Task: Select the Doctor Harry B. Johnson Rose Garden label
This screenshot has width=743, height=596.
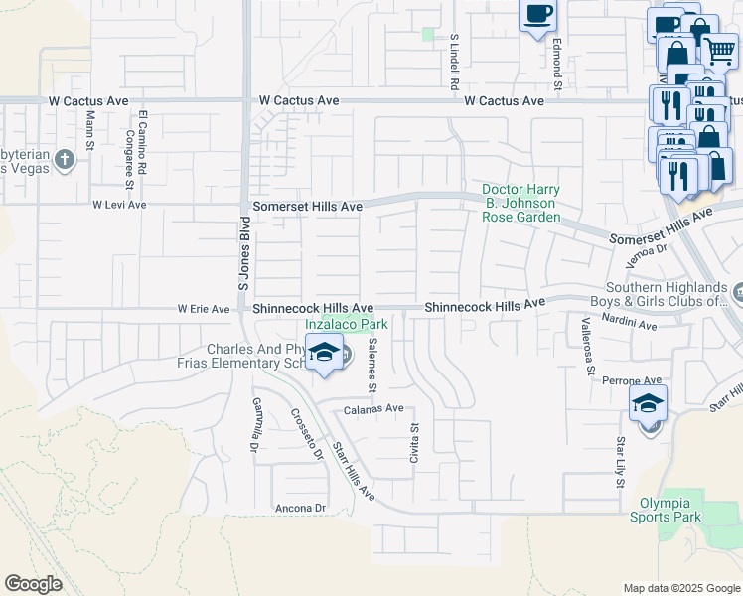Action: [520, 203]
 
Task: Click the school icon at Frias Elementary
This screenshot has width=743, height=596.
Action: [324, 354]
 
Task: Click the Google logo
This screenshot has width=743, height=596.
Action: [34, 584]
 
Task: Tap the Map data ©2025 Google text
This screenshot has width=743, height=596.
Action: [680, 588]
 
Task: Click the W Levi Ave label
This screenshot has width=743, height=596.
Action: [119, 205]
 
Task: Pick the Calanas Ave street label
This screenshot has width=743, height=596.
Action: [373, 408]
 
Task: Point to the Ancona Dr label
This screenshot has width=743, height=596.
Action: [300, 508]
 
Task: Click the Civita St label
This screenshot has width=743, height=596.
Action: [415, 440]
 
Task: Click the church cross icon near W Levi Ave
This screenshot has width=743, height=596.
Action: [64, 159]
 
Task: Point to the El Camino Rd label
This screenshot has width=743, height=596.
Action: [143, 138]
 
